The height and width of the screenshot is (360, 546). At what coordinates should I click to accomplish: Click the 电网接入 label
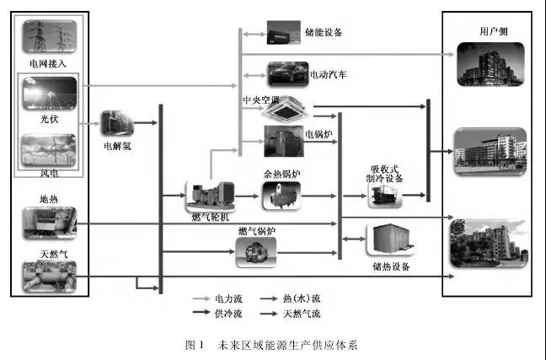pos(47,63)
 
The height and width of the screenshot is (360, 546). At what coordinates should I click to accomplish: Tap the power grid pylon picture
pos(48,37)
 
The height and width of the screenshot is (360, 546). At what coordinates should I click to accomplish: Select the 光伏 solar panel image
pos(48,93)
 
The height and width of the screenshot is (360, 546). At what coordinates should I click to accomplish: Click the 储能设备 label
pos(323,35)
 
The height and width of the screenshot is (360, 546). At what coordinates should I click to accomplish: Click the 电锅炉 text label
pos(317,134)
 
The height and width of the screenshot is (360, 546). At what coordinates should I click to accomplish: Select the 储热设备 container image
pos(388,244)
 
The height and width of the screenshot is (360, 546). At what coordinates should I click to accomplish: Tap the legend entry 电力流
pos(227,298)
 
